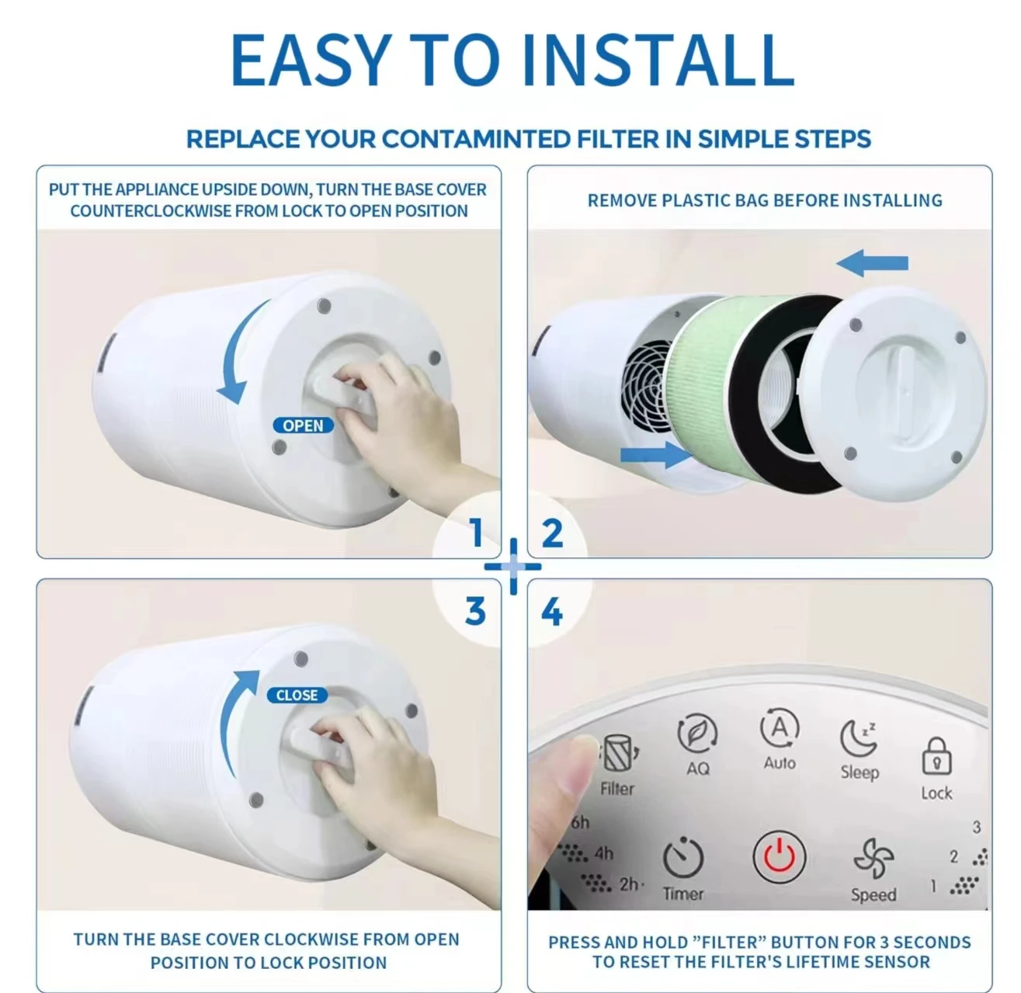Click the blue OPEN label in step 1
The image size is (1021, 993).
tap(303, 425)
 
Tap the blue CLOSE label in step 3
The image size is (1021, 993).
tap(297, 695)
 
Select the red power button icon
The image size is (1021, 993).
tap(779, 856)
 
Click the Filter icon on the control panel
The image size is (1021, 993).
tap(618, 752)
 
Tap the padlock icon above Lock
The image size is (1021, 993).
tap(936, 756)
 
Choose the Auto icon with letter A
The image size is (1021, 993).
tap(780, 728)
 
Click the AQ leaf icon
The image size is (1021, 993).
tap(696, 733)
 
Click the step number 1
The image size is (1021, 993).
tap(476, 533)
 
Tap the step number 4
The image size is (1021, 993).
tap(552, 612)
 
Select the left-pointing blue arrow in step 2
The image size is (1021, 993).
tap(872, 262)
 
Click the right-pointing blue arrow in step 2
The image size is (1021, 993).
tap(656, 454)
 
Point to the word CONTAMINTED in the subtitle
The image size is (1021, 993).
tap(476, 139)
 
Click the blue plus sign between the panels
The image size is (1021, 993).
tap(513, 567)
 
